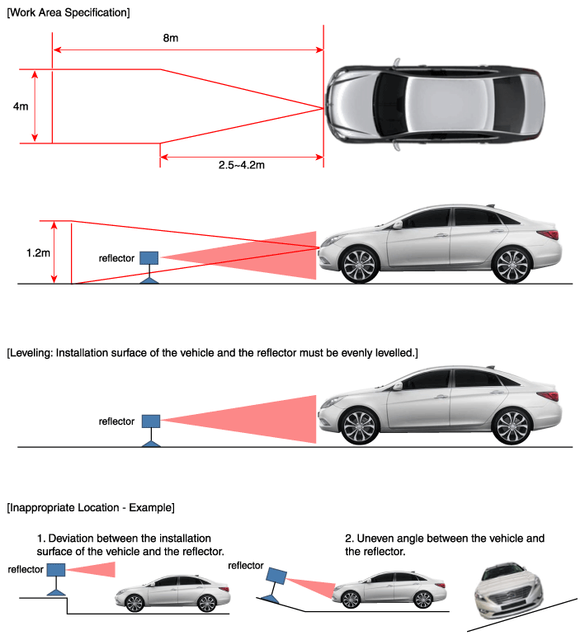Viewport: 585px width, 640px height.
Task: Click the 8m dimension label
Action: [x=170, y=39]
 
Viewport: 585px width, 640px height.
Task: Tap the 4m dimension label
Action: [x=21, y=106]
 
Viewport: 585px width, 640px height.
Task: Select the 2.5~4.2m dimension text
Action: [x=241, y=165]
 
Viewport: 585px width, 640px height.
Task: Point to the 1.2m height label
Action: [x=38, y=252]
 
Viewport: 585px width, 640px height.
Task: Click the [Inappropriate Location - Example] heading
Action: [x=90, y=506]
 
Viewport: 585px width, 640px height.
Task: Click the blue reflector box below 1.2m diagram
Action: [x=149, y=257]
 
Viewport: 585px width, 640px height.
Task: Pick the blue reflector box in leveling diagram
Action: [x=150, y=421]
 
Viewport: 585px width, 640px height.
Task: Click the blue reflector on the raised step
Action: [x=56, y=571]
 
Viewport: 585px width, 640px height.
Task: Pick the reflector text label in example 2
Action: [x=245, y=566]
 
